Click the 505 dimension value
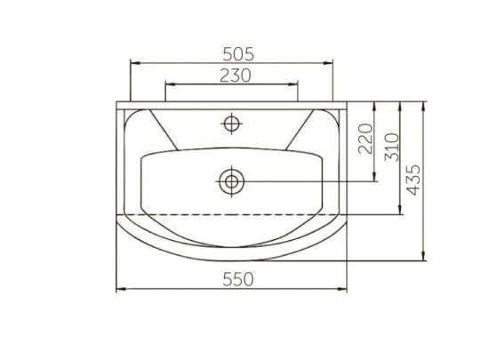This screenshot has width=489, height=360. click(x=238, y=54)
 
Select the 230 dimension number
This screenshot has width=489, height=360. click(x=235, y=76)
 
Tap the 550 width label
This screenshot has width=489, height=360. click(x=238, y=279)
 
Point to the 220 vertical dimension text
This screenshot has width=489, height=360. click(x=365, y=139)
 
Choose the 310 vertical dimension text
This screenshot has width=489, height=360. click(x=392, y=148)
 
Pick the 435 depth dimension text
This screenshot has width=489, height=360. click(x=414, y=180)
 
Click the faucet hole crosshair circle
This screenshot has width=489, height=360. click(x=231, y=124)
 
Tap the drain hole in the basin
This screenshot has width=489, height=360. click(x=231, y=181)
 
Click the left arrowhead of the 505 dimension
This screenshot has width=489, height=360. click(x=135, y=63)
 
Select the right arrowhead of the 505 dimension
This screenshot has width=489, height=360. click(x=328, y=63)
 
